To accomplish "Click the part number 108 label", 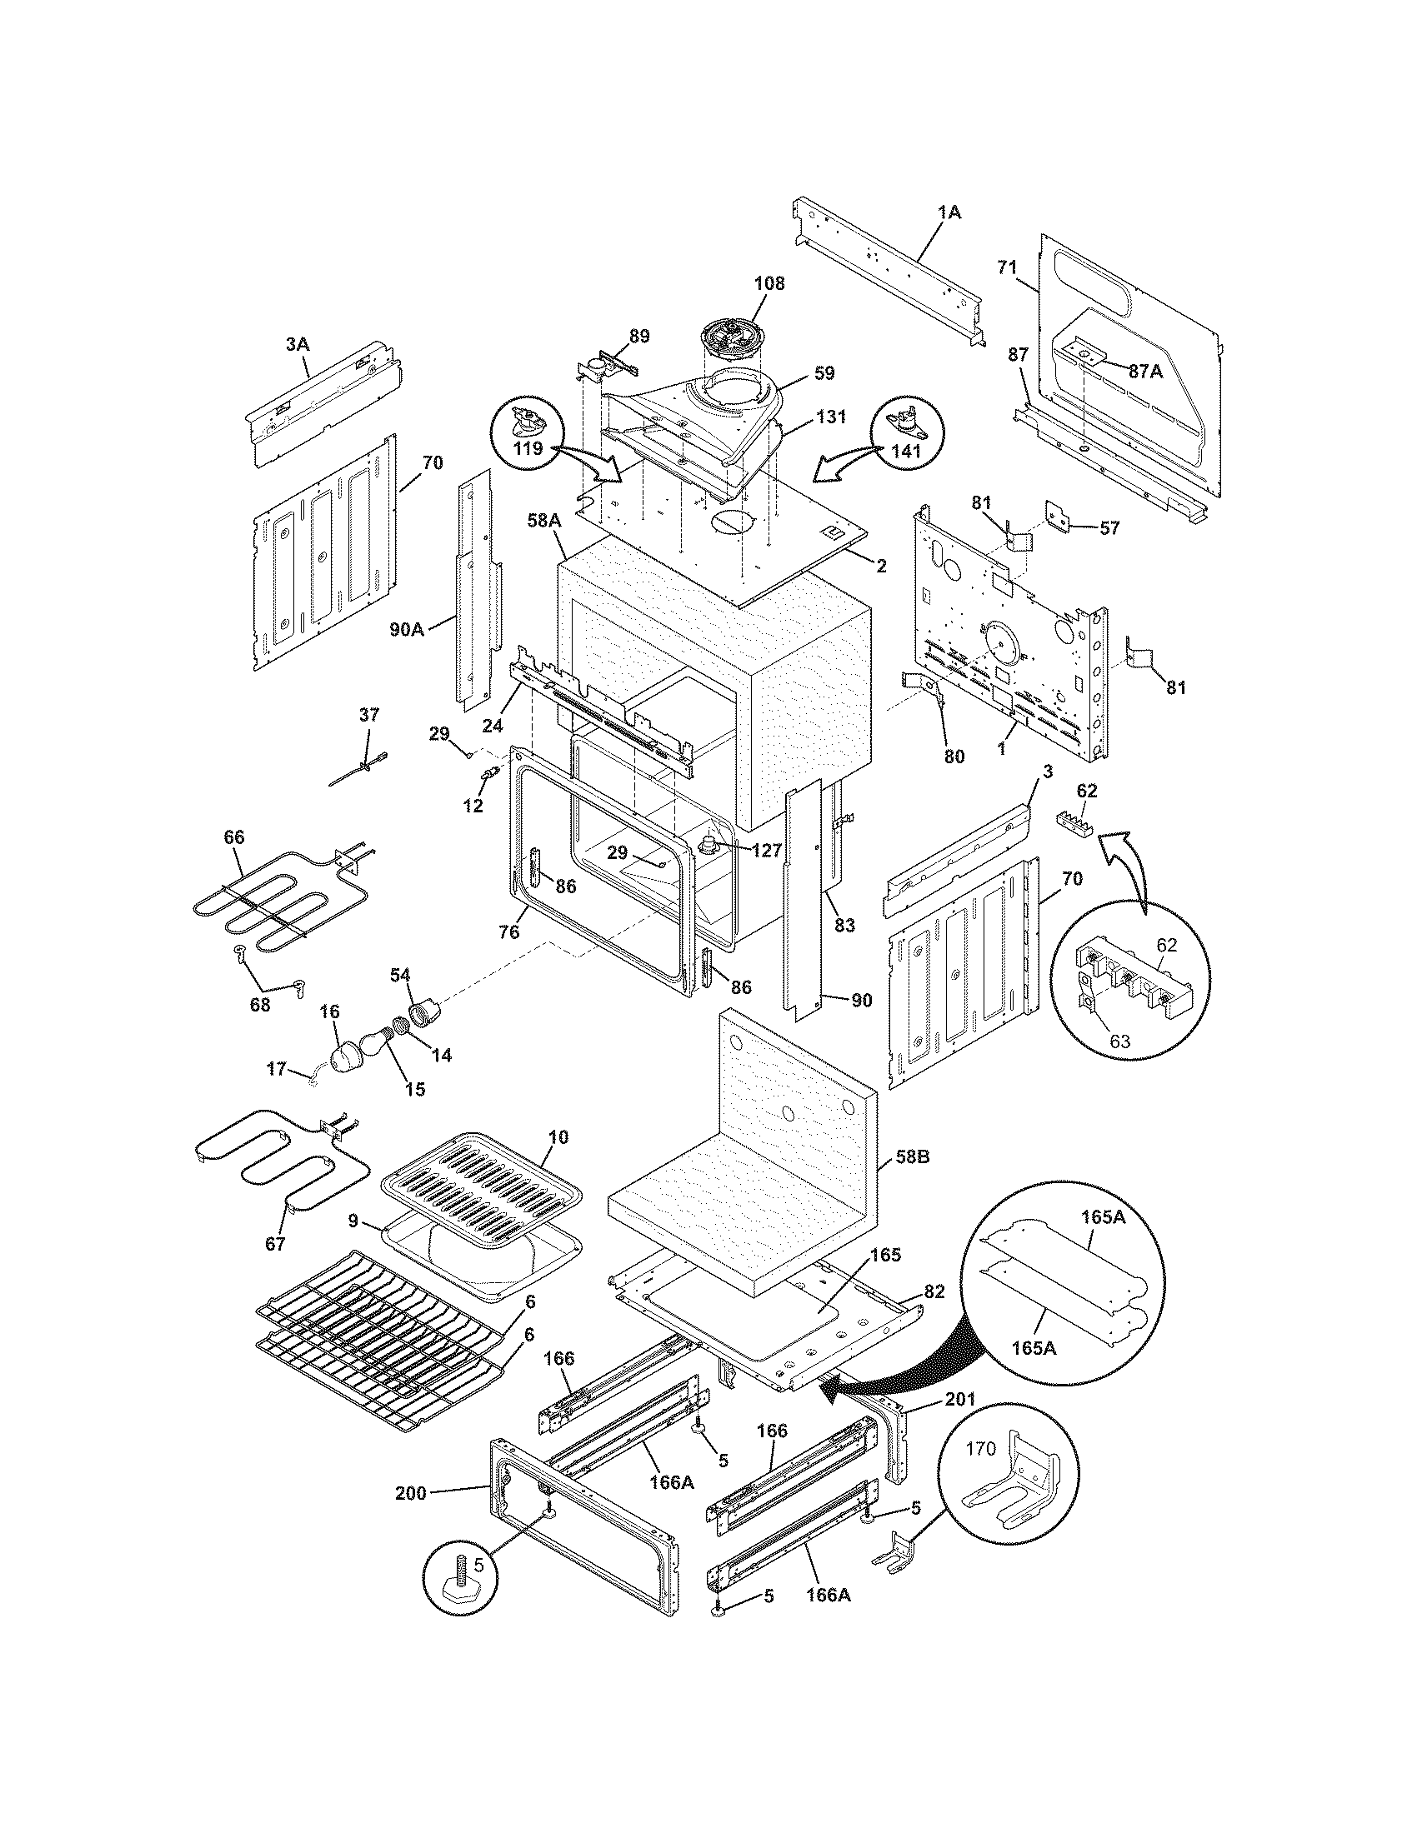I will pyautogui.click(x=769, y=283).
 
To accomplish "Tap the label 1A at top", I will pyautogui.click(x=949, y=213).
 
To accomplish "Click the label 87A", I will pyautogui.click(x=1145, y=372).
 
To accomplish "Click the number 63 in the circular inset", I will pyautogui.click(x=1119, y=1041).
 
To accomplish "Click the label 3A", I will pyautogui.click(x=298, y=343).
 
